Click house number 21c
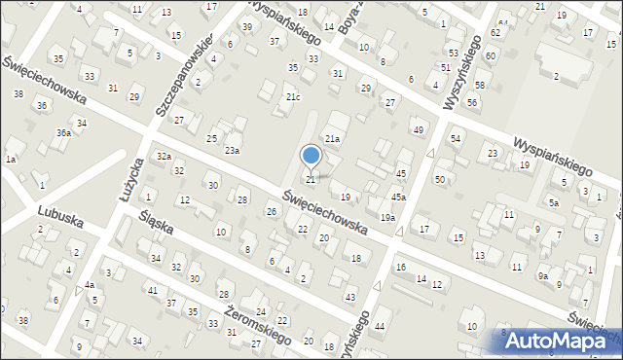click(x=293, y=97)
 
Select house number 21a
click(x=332, y=139)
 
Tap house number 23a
click(x=232, y=150)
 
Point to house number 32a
click(x=165, y=157)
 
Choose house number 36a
click(x=62, y=132)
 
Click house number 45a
click(x=398, y=197)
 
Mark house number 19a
click(x=387, y=218)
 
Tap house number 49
click(x=419, y=129)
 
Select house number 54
click(x=455, y=139)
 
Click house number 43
click(x=349, y=297)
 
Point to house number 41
click(x=152, y=290)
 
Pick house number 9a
click(x=543, y=276)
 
